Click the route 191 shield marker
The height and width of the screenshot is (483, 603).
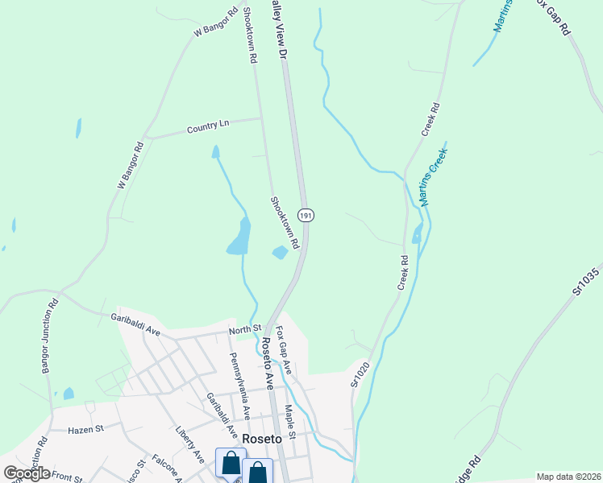coord(306,216)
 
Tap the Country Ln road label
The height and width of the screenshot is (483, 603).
coord(208,126)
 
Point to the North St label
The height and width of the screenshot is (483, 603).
coord(245,328)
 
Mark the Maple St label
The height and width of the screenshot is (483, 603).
coord(290,423)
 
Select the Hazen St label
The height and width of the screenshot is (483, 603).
coord(86,430)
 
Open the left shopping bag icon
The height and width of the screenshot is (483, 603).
coord(231,464)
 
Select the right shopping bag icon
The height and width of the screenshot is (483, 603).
coord(257,473)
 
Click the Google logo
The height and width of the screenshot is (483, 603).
coord(27,473)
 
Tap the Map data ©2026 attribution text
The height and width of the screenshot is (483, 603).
coord(568,477)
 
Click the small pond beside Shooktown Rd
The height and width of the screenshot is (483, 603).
coord(280,253)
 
